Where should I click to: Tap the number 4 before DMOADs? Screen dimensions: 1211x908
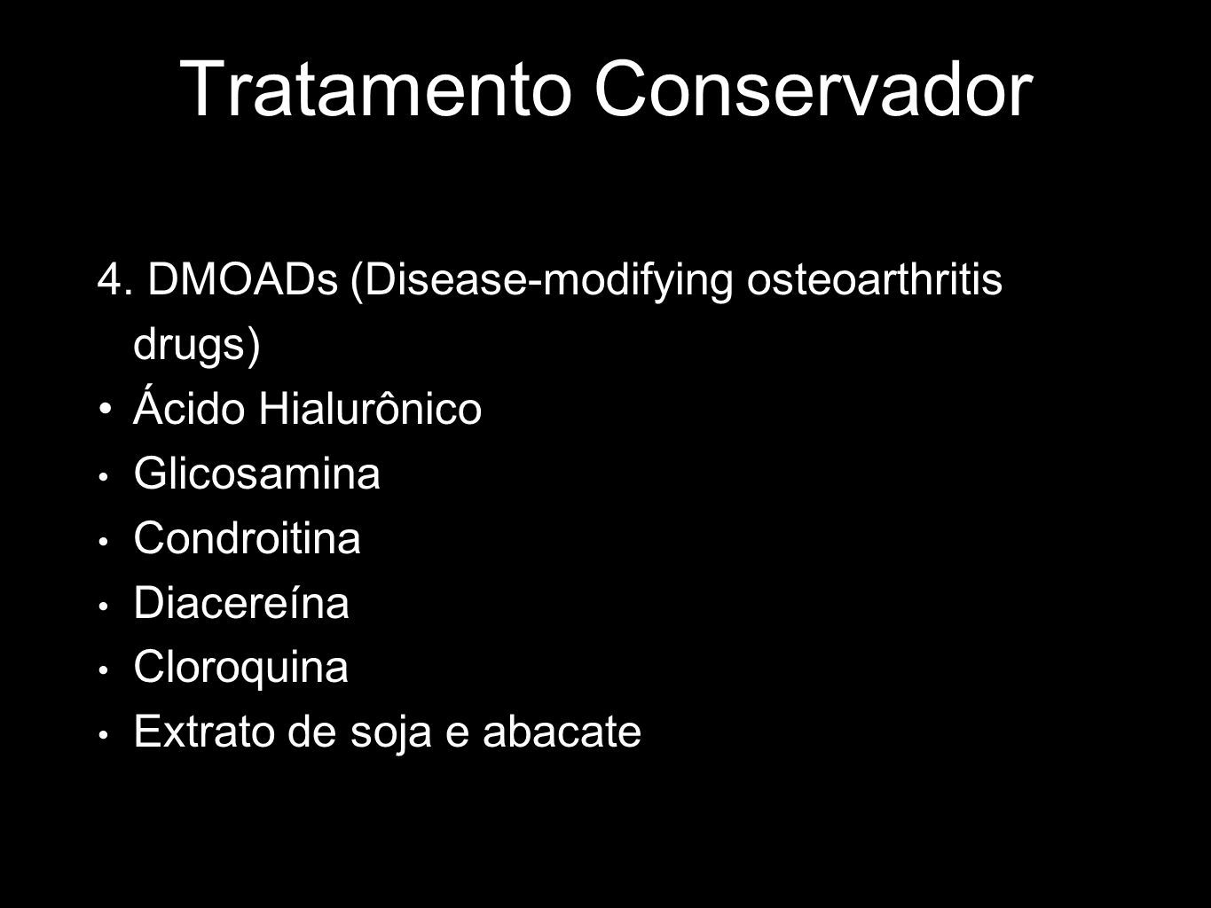(109, 280)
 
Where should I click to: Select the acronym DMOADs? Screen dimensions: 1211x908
(242, 279)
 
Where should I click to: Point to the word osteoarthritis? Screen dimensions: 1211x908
(875, 279)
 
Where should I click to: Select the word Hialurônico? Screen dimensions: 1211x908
(371, 407)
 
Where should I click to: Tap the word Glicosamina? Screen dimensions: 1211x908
(257, 473)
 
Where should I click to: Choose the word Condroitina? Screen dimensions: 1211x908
(248, 537)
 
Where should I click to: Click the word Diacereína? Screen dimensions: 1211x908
(241, 601)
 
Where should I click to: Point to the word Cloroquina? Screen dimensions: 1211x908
(241, 668)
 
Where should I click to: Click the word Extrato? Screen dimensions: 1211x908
(204, 731)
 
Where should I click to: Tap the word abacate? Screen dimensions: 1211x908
(562, 731)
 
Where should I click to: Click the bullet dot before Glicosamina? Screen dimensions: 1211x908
(104, 476)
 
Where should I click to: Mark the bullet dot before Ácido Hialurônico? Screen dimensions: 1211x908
(105, 410)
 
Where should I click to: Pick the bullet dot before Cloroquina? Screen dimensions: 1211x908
(104, 670)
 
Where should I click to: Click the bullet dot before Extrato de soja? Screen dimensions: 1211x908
(104, 735)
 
